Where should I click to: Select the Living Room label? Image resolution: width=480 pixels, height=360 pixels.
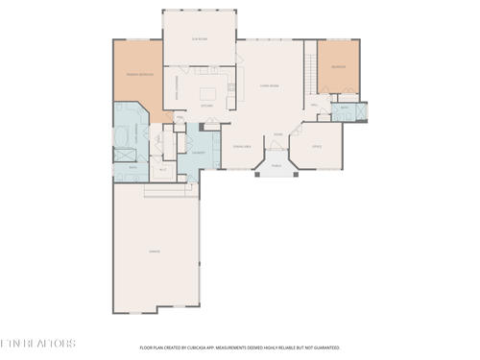(x=269, y=85)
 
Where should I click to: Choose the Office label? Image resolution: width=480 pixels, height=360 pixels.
(x=317, y=147)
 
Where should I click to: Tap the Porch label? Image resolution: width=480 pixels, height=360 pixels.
(x=276, y=166)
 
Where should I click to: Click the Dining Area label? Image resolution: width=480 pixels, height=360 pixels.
(x=242, y=147)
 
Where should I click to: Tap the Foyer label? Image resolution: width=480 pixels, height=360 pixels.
(x=277, y=134)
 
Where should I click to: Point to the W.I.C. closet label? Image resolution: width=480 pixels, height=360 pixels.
(x=163, y=169)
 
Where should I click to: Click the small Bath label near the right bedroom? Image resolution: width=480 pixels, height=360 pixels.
(x=344, y=108)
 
